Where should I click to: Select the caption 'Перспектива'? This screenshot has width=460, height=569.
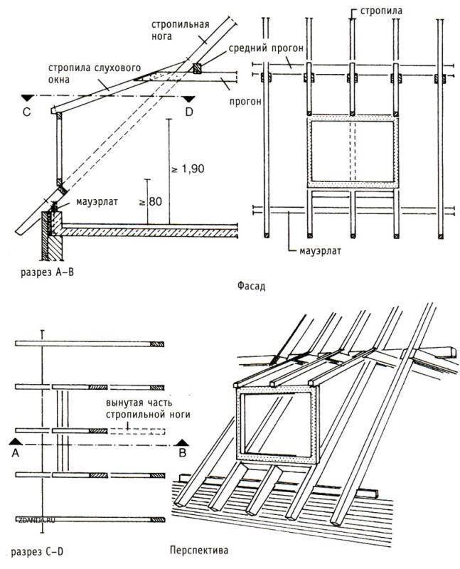point(199,550)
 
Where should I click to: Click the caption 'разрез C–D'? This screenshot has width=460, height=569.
point(38,551)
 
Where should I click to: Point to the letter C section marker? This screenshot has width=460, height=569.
point(26,111)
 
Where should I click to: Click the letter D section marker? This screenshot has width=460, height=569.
point(188,111)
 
